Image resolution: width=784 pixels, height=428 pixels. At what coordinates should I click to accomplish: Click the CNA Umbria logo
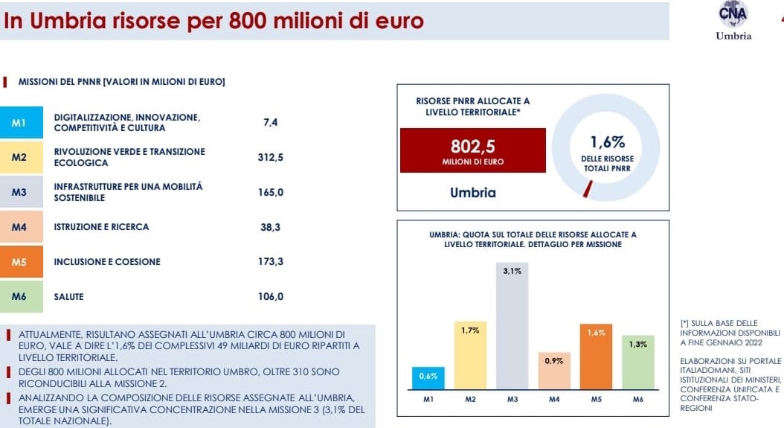click(733, 21)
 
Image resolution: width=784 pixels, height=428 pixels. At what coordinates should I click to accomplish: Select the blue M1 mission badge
click(19, 123)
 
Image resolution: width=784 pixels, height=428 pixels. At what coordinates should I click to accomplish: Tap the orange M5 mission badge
click(19, 262)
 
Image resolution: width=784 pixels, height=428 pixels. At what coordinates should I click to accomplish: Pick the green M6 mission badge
click(19, 296)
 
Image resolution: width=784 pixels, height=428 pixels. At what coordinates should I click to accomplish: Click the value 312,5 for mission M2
click(270, 157)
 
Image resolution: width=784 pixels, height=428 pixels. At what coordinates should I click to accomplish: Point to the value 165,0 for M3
click(270, 192)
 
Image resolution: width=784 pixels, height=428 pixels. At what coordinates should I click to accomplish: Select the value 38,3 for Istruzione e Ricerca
click(270, 227)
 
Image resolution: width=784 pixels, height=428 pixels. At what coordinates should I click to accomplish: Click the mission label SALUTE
click(69, 296)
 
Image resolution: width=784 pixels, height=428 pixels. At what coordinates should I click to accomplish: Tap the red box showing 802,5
click(472, 150)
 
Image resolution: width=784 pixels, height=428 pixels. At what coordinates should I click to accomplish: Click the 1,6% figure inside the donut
click(607, 142)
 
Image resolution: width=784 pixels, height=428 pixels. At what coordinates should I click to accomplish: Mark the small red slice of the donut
click(588, 189)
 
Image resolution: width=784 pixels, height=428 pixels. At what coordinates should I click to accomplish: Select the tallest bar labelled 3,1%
click(512, 325)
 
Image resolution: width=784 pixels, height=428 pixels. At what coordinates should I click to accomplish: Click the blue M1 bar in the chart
click(428, 378)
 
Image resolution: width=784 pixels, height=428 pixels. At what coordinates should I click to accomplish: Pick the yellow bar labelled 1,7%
click(469, 356)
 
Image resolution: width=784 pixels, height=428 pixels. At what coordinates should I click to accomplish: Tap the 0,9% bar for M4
click(553, 371)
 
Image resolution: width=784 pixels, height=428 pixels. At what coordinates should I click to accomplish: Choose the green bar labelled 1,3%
click(637, 362)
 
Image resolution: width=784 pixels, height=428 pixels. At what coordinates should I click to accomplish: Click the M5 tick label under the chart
click(596, 400)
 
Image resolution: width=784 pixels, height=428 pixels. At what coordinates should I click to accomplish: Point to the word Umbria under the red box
click(472, 193)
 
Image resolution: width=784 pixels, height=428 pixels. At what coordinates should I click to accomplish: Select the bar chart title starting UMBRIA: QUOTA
click(533, 239)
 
